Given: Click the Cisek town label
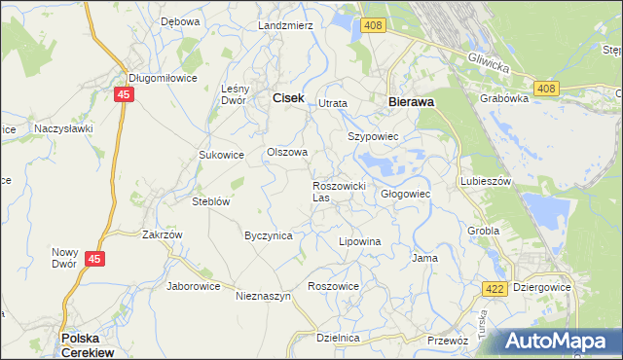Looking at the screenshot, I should [x=288, y=97].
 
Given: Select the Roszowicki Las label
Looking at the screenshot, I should [x=338, y=191].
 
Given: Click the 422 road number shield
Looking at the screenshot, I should [x=494, y=288].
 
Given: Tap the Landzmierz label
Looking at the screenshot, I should [x=285, y=25].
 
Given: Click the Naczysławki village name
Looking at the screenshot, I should [x=63, y=127].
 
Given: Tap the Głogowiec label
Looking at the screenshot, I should [x=405, y=194].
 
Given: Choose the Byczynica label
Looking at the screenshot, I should [x=269, y=235].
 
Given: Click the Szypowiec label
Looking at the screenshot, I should [x=374, y=137].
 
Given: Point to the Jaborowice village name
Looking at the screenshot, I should [x=194, y=286].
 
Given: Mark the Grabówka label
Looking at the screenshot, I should [x=503, y=98].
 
